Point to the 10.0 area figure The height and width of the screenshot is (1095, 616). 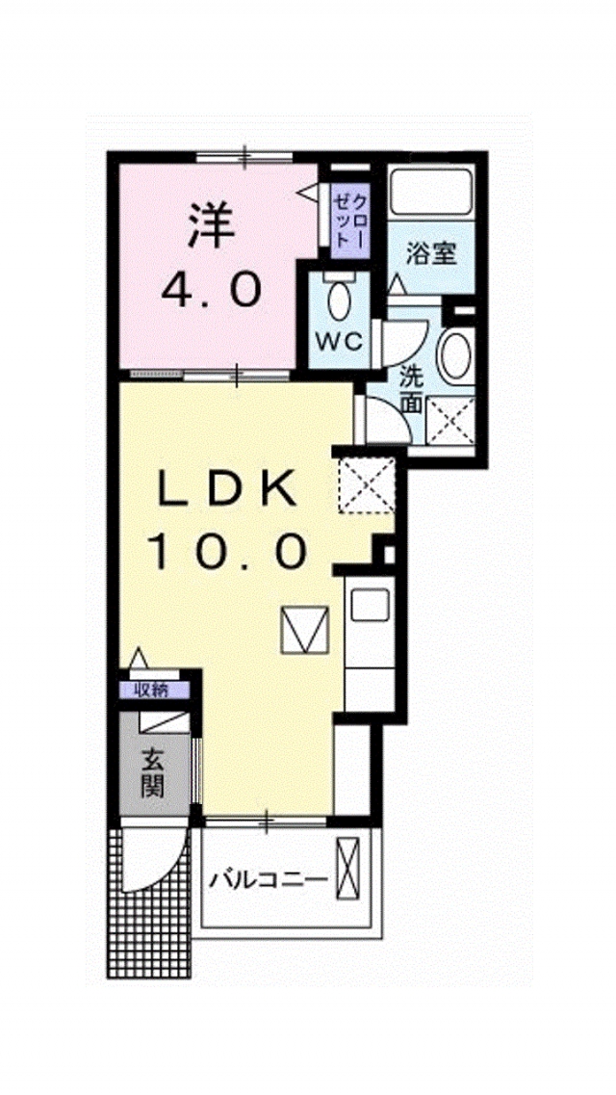pos(227,551)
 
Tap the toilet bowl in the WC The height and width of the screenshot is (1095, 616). pos(340,300)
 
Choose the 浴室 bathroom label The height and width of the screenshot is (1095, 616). pos(431,253)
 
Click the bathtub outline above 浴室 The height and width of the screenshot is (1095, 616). pos(431,192)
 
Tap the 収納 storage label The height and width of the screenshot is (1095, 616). pos(151,690)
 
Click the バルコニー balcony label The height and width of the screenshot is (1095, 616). pos(269,877)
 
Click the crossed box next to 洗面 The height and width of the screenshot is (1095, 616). pos(449,421)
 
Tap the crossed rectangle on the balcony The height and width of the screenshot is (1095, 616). pos(348,871)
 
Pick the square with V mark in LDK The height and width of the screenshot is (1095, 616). pos(305,630)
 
